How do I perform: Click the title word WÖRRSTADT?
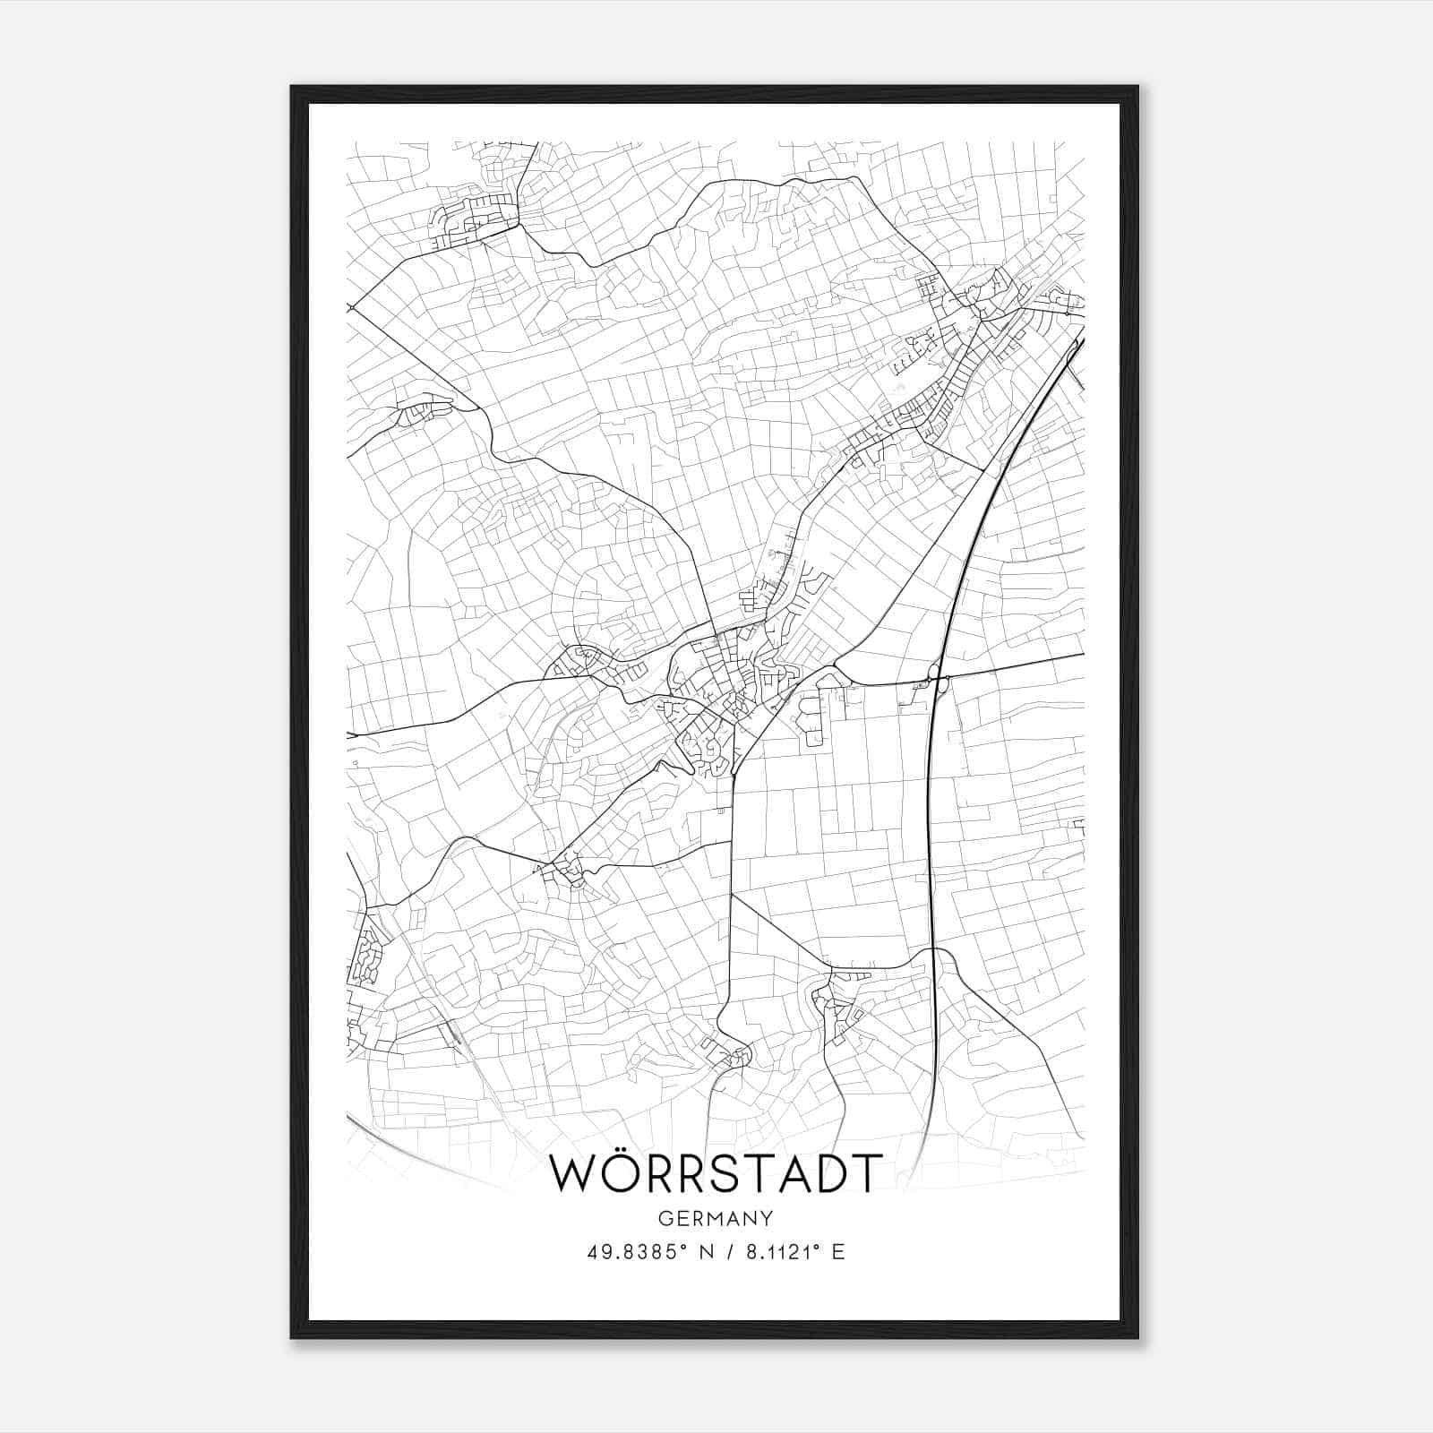click(x=715, y=1174)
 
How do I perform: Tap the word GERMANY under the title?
click(x=715, y=1218)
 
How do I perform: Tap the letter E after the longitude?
click(x=838, y=1252)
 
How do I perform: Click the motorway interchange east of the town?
click(x=937, y=680)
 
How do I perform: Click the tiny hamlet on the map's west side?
click(x=416, y=413)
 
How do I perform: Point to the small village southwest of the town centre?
click(x=566, y=867)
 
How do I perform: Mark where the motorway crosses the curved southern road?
click(x=932, y=953)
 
